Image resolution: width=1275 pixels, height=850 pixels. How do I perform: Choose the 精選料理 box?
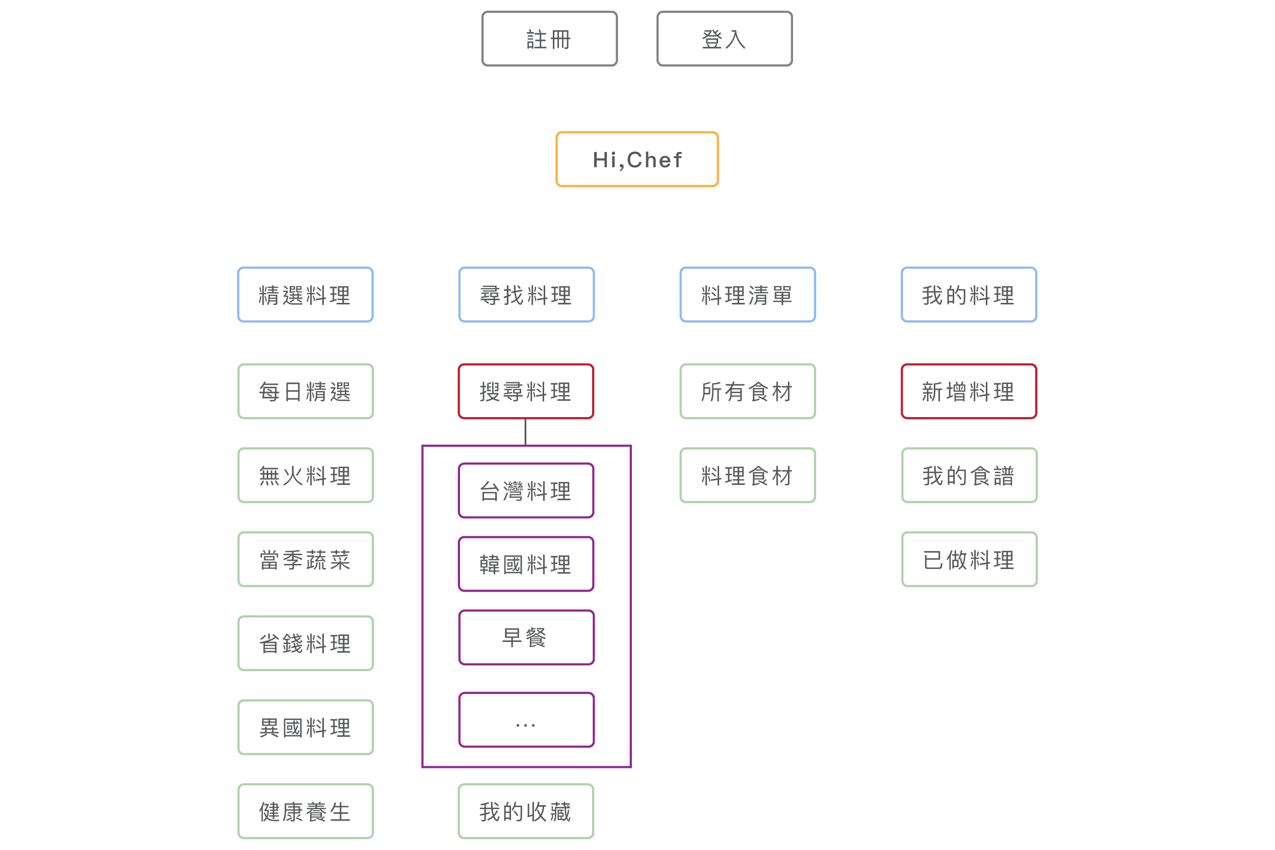point(305,295)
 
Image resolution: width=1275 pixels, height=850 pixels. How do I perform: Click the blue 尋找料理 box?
point(526,295)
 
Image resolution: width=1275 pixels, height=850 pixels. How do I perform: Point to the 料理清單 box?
point(748,295)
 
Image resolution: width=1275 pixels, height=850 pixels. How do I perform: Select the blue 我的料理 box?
point(968,295)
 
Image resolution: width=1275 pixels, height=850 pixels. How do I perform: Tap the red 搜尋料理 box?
point(526,392)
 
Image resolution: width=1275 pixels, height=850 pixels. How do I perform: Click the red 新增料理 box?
point(968,392)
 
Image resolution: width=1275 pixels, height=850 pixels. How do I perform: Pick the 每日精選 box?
point(305,392)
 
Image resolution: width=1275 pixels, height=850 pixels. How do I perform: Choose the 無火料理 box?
point(305,475)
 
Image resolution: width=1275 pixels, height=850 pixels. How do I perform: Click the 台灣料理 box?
point(526,491)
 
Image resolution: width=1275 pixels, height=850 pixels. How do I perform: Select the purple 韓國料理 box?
point(526,564)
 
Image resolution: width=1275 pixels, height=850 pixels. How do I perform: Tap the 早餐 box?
point(526,637)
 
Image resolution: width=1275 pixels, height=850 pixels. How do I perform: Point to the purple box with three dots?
point(526,720)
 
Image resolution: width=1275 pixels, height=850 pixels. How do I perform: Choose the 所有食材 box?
point(748,392)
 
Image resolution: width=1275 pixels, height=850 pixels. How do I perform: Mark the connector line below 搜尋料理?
point(525,432)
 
